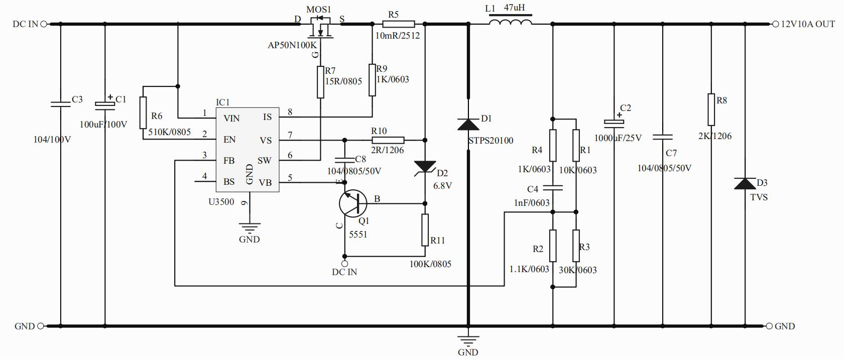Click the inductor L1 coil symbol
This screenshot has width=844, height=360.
coord(511,23)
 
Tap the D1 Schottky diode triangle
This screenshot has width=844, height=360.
coord(468,124)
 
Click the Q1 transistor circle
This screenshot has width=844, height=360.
coord(352,203)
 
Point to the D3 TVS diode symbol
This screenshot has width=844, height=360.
coord(744,183)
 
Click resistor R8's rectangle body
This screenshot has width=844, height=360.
coord(711,109)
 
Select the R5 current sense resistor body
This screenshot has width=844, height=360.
coord(399,24)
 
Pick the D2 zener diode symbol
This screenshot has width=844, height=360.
coord(425,167)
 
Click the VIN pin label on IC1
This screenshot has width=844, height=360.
coord(231,118)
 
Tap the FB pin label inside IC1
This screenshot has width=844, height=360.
coord(229,161)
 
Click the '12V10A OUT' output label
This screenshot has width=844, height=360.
coord(807,24)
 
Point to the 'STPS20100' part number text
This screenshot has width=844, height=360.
coord(491,141)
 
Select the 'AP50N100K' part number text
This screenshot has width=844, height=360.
coord(292,46)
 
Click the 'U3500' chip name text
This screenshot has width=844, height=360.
coord(221,202)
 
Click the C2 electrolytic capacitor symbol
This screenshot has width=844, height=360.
coord(614,122)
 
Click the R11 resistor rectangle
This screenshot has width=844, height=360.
coord(425,230)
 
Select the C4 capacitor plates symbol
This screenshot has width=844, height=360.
coord(552,188)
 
